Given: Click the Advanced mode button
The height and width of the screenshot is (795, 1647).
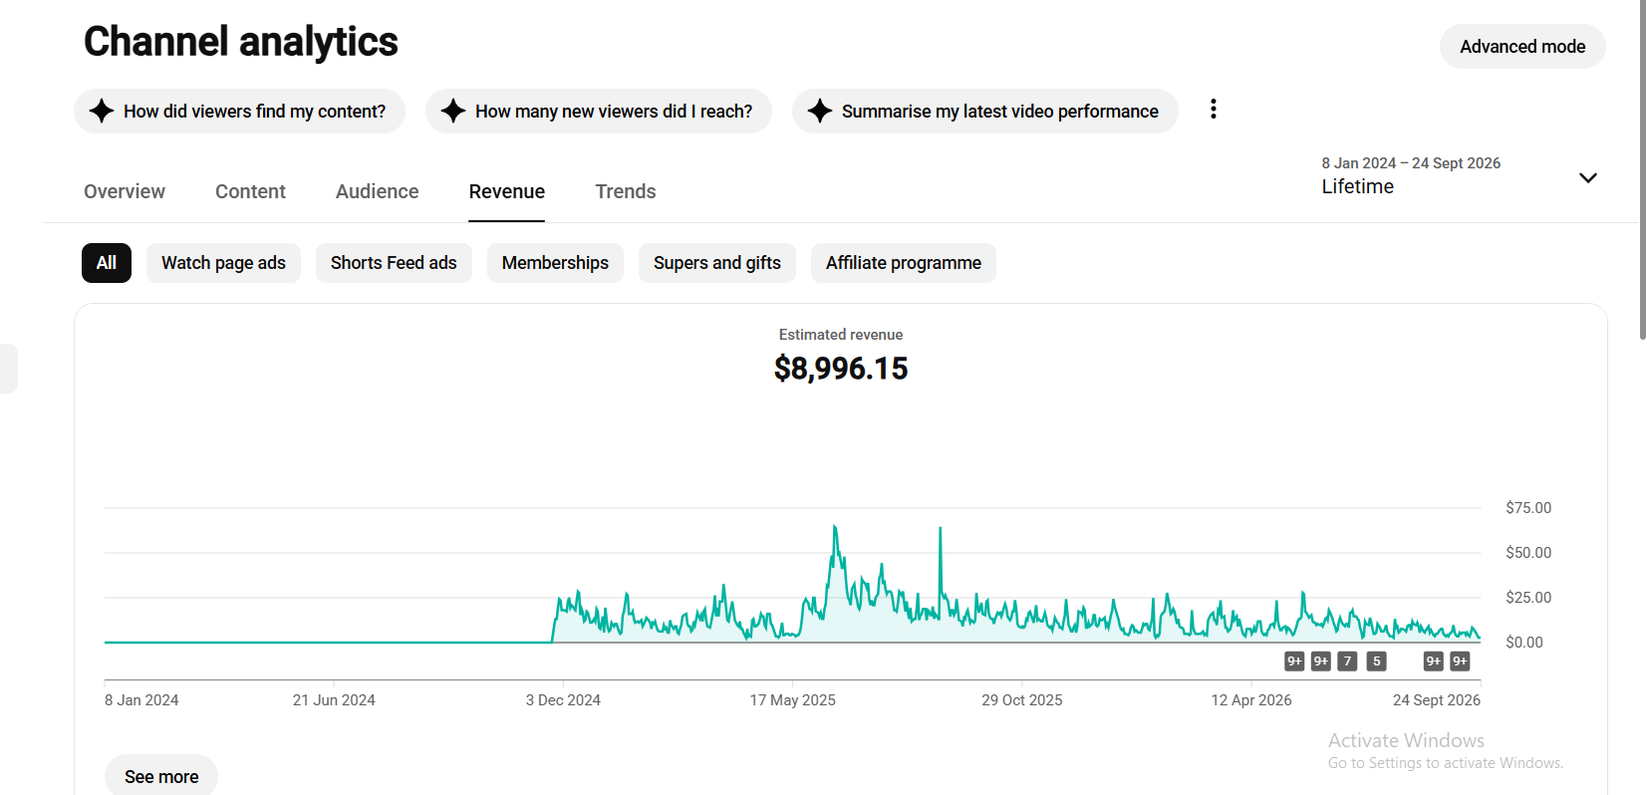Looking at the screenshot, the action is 1522,47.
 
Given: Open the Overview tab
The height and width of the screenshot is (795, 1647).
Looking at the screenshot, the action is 125,191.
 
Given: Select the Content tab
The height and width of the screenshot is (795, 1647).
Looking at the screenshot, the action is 250,191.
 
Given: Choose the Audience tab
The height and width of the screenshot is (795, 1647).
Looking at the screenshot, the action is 378,191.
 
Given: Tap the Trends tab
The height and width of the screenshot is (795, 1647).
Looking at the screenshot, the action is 625,191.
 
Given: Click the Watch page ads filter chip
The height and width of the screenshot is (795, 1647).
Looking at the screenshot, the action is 223,263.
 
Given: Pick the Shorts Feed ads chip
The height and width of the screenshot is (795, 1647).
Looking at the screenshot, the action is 394,263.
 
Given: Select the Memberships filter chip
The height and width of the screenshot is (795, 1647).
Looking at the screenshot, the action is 555,263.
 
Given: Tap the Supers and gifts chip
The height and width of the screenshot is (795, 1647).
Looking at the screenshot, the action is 716,263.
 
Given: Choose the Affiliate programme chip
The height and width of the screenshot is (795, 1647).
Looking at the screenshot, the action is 903,263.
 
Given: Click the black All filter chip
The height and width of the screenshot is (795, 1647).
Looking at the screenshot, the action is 107,263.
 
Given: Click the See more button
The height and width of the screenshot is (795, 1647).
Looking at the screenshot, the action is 161,776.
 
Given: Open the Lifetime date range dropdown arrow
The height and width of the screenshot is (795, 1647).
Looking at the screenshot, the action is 1588,178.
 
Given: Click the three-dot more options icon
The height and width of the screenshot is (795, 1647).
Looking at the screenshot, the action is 1214,110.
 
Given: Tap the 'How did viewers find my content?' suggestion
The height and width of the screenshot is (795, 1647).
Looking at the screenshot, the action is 240,111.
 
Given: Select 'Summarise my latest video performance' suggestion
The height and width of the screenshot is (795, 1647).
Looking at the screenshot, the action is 985,111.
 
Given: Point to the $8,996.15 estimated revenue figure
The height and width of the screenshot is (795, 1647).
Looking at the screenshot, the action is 841,369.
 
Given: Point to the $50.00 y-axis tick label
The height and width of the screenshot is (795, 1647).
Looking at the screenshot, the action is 1528,552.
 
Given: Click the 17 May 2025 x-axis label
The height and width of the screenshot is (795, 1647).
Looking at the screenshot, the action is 793,700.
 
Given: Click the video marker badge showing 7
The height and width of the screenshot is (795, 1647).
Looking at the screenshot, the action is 1347,662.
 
